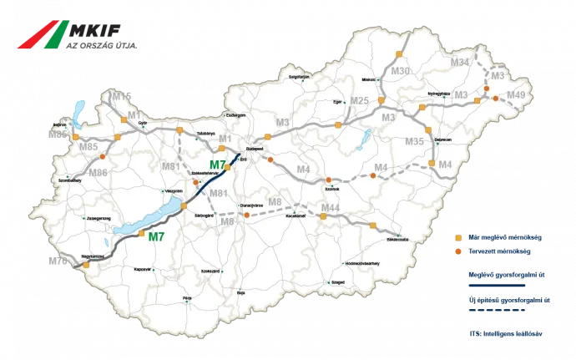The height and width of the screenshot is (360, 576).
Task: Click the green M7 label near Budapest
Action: pyautogui.click(x=218, y=165)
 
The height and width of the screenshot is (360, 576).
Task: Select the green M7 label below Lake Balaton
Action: pyautogui.click(x=156, y=236)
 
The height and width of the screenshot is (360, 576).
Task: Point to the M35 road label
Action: pyautogui.click(x=414, y=142)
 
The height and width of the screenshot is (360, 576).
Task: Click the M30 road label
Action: pyautogui.click(x=401, y=73)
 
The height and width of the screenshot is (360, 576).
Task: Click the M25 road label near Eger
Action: pyautogui.click(x=359, y=101)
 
